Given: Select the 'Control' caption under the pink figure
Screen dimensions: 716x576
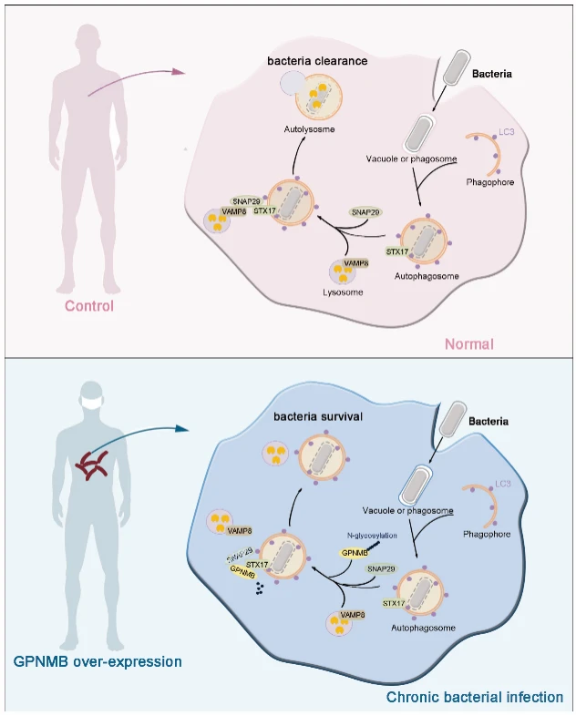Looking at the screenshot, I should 89,306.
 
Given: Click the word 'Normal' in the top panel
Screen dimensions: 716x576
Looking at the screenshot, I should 468,344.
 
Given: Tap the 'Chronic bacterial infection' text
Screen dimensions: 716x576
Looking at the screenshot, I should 474,698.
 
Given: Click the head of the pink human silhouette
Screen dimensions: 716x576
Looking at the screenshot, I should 87,36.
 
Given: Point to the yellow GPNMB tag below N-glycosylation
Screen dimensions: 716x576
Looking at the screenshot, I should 355,553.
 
